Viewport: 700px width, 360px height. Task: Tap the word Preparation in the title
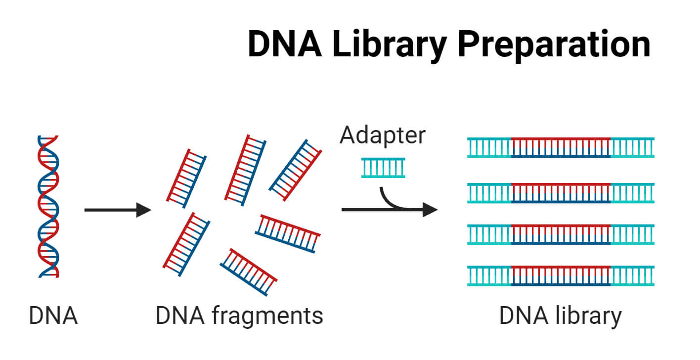pos(554,45)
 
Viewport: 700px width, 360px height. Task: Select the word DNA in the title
pos(284,45)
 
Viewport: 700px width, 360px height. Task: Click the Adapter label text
pos(382,135)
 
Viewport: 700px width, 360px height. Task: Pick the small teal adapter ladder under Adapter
pos(383,167)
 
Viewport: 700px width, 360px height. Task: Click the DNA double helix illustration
pos(48,206)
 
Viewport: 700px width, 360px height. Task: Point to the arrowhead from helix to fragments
pos(144,210)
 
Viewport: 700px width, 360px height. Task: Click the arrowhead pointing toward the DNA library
pos(430,210)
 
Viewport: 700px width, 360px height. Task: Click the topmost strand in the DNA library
pos(561,147)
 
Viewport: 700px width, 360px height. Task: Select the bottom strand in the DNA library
pos(561,275)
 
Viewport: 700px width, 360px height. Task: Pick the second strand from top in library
pos(561,193)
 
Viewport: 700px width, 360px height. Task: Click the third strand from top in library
pos(561,234)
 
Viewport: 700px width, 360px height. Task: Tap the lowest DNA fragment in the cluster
pos(249,271)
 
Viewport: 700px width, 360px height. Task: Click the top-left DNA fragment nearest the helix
pos(186,178)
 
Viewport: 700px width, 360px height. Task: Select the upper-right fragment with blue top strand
pos(295,170)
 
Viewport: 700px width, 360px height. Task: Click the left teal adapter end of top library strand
pos(489,147)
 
